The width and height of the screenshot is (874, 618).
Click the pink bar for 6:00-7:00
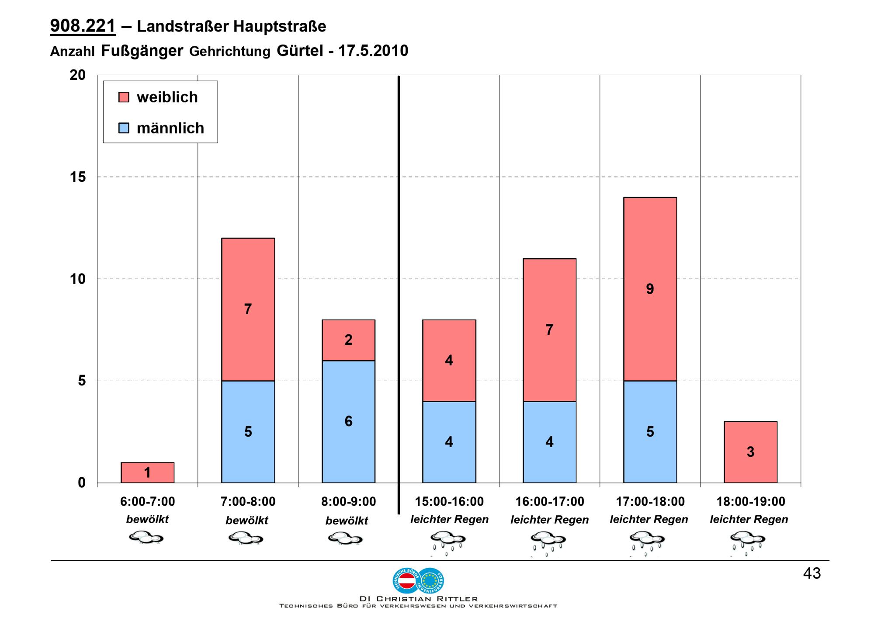pyautogui.click(x=147, y=472)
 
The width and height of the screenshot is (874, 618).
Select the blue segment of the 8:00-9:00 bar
pyautogui.click(x=348, y=421)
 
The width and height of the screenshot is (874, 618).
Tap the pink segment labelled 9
pyautogui.click(x=650, y=289)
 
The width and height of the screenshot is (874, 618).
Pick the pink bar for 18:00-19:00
pyautogui.click(x=750, y=452)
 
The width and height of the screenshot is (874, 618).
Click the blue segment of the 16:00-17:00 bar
pyautogui.click(x=549, y=442)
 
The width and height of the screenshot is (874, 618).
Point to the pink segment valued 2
pyautogui.click(x=348, y=340)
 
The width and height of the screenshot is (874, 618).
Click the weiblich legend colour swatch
pyautogui.click(x=124, y=97)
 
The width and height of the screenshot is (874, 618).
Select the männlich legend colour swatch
pyautogui.click(x=124, y=128)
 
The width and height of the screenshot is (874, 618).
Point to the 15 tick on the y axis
pyautogui.click(x=78, y=177)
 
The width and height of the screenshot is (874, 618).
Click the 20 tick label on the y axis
pyautogui.click(x=78, y=75)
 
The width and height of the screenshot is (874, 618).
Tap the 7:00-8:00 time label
pyautogui.click(x=248, y=502)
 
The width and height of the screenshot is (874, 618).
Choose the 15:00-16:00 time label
pyautogui.click(x=449, y=502)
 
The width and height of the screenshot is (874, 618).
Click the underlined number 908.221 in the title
pyautogui.click(x=83, y=26)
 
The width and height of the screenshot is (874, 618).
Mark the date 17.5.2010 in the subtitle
pyautogui.click(x=373, y=51)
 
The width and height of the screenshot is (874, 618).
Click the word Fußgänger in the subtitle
pyautogui.click(x=142, y=51)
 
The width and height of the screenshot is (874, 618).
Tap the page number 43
pyautogui.click(x=812, y=573)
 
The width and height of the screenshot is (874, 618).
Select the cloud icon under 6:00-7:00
pyautogui.click(x=146, y=538)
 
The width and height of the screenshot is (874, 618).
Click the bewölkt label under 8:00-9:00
pyautogui.click(x=347, y=521)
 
